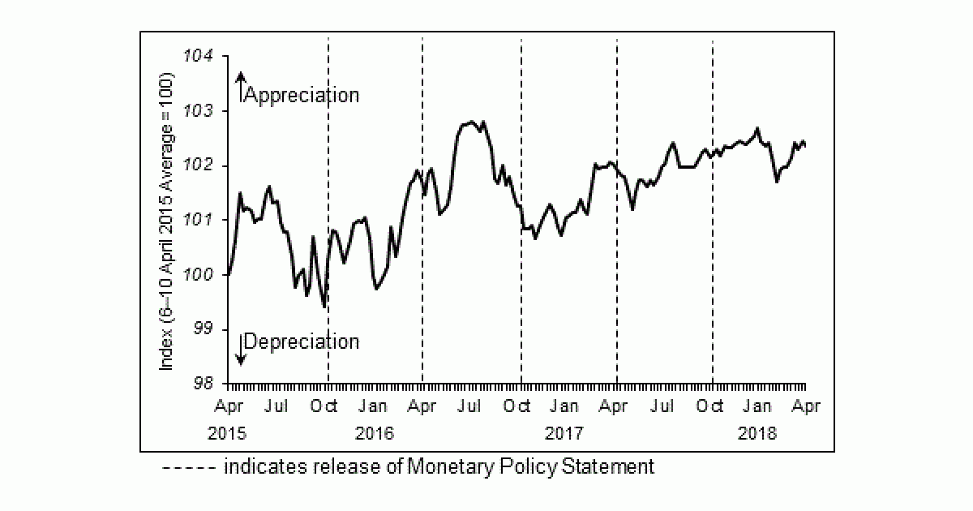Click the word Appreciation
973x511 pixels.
tap(301, 95)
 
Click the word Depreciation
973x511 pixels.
tap(301, 341)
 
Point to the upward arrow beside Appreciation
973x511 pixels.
tap(240, 86)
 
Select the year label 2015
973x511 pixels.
tap(227, 433)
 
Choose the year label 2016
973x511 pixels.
tap(374, 433)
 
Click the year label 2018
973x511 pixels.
tap(757, 433)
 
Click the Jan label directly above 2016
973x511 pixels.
tap(373, 406)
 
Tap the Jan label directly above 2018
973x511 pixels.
tap(757, 406)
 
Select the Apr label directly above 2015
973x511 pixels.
tap(229, 406)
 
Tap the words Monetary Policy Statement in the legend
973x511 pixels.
tap(530, 467)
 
